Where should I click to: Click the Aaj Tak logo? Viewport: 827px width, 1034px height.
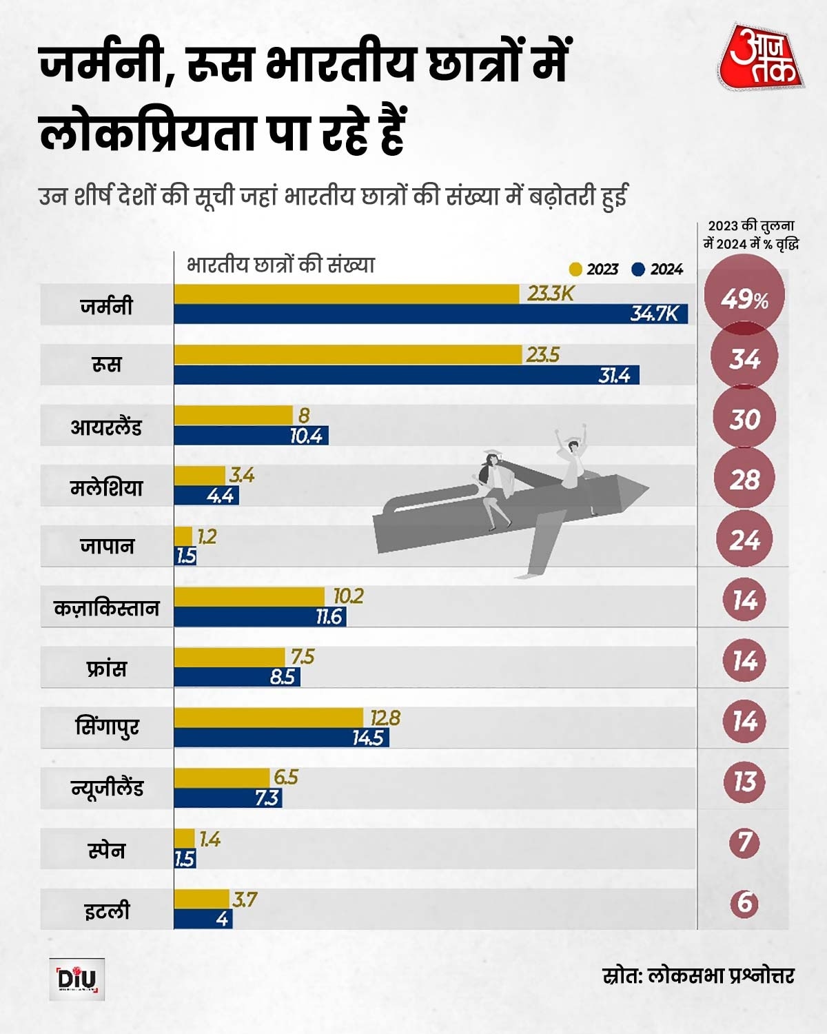pyautogui.click(x=761, y=58)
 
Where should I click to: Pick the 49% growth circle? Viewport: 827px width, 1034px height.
pyautogui.click(x=744, y=299)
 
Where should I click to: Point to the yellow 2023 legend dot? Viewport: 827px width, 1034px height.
pyautogui.click(x=575, y=269)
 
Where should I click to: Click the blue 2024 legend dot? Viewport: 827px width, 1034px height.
pyautogui.click(x=638, y=269)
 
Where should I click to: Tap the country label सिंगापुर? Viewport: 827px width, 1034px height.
pyautogui.click(x=107, y=728)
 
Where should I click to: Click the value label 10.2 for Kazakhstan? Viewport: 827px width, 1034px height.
pyautogui.click(x=349, y=596)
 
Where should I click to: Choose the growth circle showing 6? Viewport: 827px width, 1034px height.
pyautogui.click(x=744, y=903)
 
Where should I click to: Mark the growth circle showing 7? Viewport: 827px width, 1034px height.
pyautogui.click(x=744, y=842)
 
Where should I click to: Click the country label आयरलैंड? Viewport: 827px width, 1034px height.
pyautogui.click(x=106, y=427)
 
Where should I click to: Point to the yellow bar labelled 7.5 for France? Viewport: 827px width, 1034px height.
pyautogui.click(x=229, y=657)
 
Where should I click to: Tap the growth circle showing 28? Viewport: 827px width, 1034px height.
pyautogui.click(x=744, y=479)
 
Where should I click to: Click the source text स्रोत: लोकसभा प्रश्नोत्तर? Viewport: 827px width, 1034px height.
pyautogui.click(x=697, y=975)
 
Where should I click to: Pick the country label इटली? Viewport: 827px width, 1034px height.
pyautogui.click(x=107, y=911)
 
